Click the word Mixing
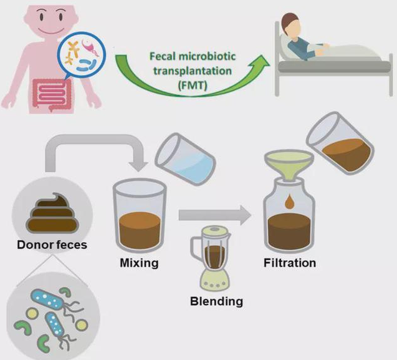[x=139, y=263]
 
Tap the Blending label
[x=216, y=301]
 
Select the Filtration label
[x=290, y=263]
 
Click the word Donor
[x=35, y=245]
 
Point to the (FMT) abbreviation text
[x=193, y=85]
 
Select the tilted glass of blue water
[x=185, y=159]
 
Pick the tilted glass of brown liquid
[x=340, y=144]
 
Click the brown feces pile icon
[x=52, y=213]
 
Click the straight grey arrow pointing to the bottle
[x=215, y=215]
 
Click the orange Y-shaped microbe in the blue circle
[x=72, y=52]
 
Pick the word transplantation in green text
[x=193, y=71]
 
